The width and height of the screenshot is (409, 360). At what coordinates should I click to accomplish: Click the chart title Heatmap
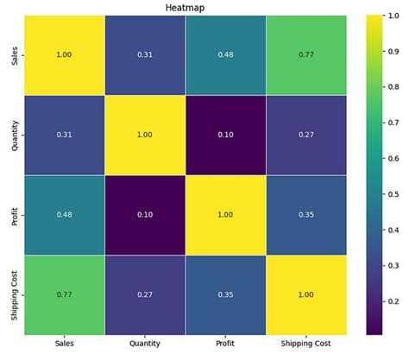[185, 7]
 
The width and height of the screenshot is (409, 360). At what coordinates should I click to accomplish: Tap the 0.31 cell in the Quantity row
[65, 134]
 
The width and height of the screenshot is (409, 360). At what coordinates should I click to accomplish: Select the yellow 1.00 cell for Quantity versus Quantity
[144, 134]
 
